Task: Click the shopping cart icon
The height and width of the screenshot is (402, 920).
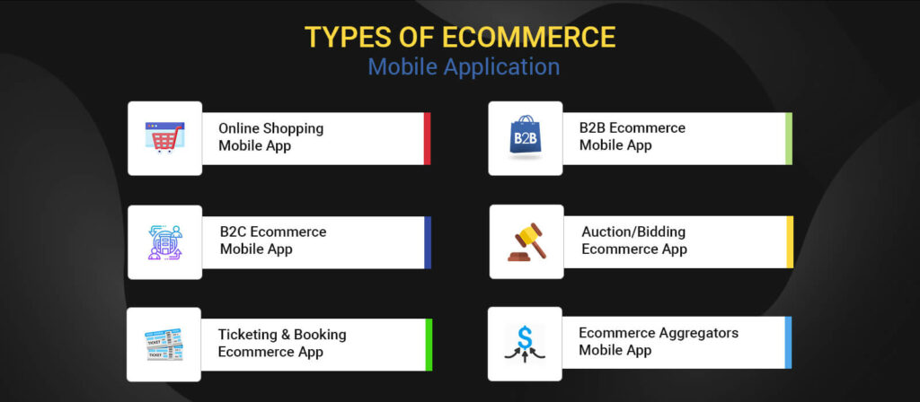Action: [164, 138]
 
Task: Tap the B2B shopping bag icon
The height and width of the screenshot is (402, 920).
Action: [525, 138]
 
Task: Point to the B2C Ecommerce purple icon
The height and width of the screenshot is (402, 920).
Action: [164, 242]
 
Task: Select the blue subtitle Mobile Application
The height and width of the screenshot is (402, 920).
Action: [464, 67]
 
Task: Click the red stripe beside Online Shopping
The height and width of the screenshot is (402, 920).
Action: [427, 138]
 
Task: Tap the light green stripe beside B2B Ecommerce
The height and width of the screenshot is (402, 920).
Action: [788, 138]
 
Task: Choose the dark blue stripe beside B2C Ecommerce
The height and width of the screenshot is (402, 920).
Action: [428, 242]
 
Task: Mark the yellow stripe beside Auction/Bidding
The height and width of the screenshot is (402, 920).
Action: [790, 242]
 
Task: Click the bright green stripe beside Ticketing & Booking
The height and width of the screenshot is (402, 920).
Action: [429, 345]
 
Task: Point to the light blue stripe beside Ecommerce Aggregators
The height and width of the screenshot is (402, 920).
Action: [788, 342]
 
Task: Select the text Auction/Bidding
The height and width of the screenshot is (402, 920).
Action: [633, 232]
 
